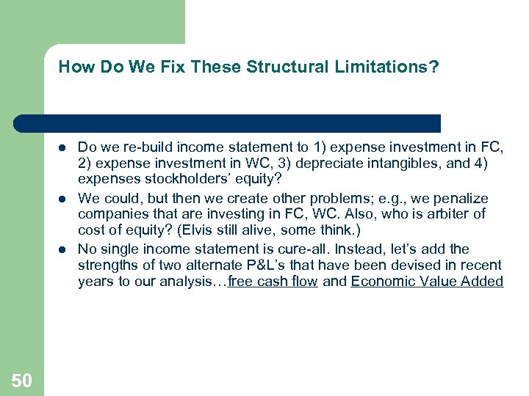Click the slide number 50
pyautogui.click(x=22, y=380)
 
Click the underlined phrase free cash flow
pyautogui.click(x=273, y=282)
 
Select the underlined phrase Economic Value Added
pyautogui.click(x=427, y=282)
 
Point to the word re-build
pyautogui.click(x=148, y=147)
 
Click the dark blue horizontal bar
pyautogui.click(x=228, y=123)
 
